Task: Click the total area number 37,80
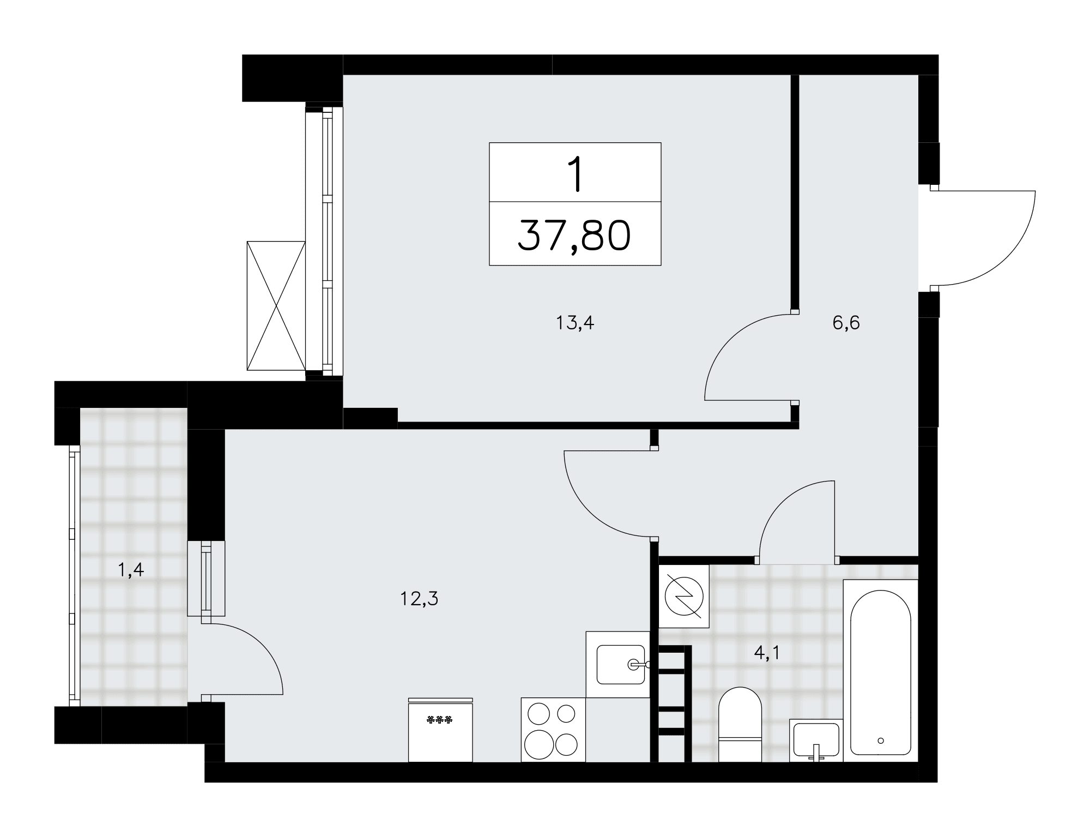click(x=574, y=236)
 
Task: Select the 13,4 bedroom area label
click(x=574, y=323)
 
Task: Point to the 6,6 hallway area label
click(x=846, y=323)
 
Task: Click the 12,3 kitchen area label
click(x=419, y=599)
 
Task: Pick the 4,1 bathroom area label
click(x=767, y=653)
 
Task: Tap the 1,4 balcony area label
click(x=131, y=570)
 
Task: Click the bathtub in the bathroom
click(x=880, y=670)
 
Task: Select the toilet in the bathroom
click(x=740, y=724)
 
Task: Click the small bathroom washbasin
click(x=816, y=740)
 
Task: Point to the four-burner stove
click(x=553, y=729)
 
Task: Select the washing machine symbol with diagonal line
click(x=684, y=595)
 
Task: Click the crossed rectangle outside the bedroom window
click(x=276, y=306)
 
